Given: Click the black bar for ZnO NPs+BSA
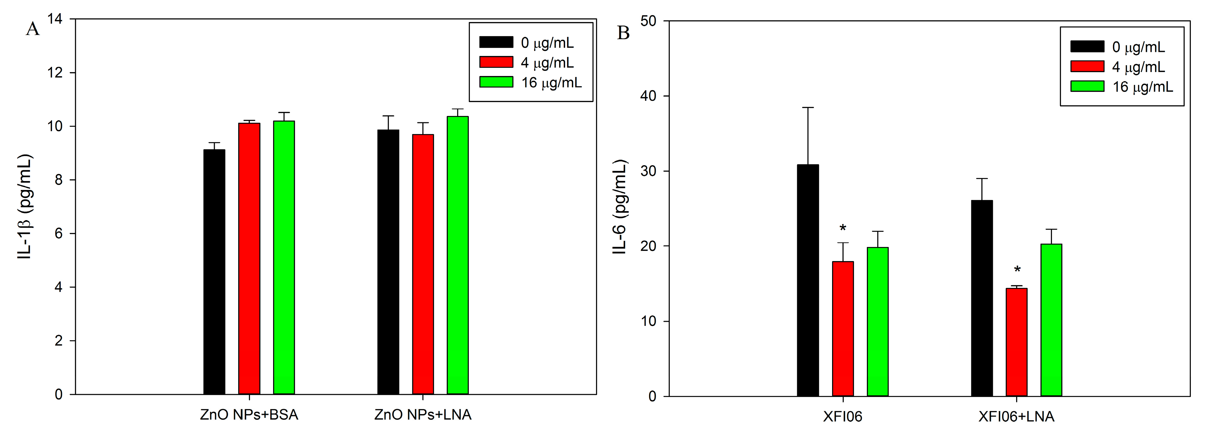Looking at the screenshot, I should [214, 271].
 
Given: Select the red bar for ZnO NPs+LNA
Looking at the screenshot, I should [423, 265].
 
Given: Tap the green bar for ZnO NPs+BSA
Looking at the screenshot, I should [284, 258].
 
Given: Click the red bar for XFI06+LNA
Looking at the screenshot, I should [1016, 342].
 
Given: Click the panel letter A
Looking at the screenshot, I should [33, 29].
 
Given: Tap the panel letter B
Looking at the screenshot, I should [623, 33].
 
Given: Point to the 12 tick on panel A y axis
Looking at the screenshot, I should [55, 73].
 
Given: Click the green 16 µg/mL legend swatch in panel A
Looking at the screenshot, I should [496, 82].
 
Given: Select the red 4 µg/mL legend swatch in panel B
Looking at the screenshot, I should [1087, 67].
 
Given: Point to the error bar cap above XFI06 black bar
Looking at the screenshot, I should [808, 108].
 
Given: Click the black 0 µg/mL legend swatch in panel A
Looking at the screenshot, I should [496, 42].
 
